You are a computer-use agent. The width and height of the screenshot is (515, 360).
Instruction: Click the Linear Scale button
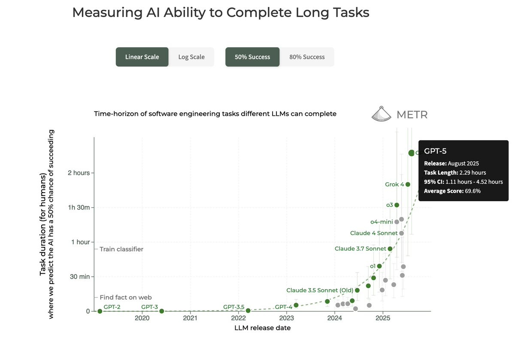pyautogui.click(x=142, y=57)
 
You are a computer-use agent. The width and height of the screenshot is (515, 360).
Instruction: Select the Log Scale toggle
pyautogui.click(x=191, y=57)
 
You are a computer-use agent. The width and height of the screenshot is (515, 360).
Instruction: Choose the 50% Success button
pyautogui.click(x=252, y=57)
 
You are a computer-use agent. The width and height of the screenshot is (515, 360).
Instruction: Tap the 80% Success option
pyautogui.click(x=307, y=57)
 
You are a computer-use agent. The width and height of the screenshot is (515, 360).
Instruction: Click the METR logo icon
pyautogui.click(x=381, y=114)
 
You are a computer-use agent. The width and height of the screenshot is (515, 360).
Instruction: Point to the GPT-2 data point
pyautogui.click(x=100, y=311)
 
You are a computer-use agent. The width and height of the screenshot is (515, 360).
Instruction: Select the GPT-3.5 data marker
pyautogui.click(x=248, y=310)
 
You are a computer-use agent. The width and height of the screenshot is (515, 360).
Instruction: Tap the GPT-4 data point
pyautogui.click(x=296, y=305)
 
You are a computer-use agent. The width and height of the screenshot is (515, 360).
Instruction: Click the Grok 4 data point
pyautogui.click(x=408, y=185)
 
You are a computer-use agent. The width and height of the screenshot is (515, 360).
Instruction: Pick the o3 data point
pyautogui.click(x=397, y=205)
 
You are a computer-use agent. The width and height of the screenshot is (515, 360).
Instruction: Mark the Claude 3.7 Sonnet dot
pyautogui.click(x=390, y=249)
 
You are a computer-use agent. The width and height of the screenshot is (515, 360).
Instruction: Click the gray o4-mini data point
pyautogui.click(x=397, y=222)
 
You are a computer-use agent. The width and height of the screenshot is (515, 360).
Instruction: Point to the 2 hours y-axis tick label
pyautogui.click(x=79, y=173)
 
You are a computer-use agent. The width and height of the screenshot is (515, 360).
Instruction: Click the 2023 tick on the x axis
pyautogui.click(x=286, y=318)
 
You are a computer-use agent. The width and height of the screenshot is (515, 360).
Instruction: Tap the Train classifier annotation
pyautogui.click(x=121, y=249)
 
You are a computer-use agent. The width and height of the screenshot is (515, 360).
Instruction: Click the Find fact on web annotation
pyautogui.click(x=126, y=297)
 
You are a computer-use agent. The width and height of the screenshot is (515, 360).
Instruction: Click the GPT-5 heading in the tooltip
pyautogui.click(x=436, y=151)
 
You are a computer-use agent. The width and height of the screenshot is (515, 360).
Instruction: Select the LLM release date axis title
pyautogui.click(x=262, y=328)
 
